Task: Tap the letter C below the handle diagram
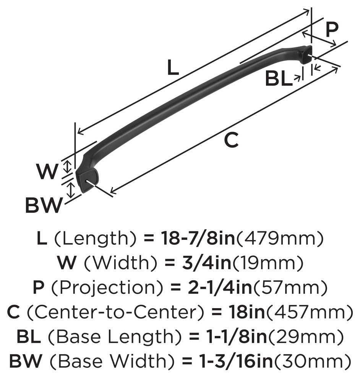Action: pyautogui.click(x=231, y=140)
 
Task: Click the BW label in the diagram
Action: pyautogui.click(x=43, y=206)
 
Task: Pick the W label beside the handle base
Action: pyautogui.click(x=47, y=171)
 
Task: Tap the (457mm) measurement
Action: pyautogui.click(x=310, y=313)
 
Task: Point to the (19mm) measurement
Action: pyautogui.click(x=268, y=262)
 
